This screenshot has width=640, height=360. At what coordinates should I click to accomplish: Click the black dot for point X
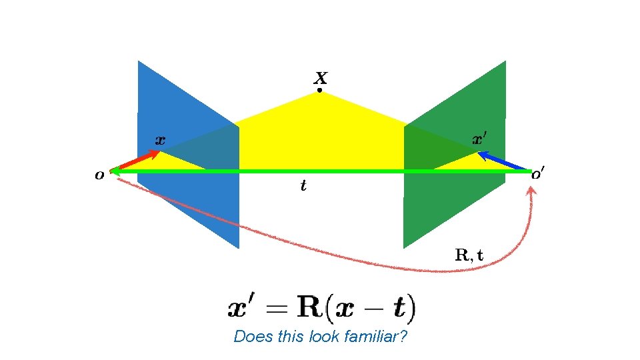pyautogui.click(x=319, y=90)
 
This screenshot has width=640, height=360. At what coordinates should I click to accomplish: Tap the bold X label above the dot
pyautogui.click(x=320, y=77)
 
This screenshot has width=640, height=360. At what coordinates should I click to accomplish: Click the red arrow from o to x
pyautogui.click(x=137, y=161)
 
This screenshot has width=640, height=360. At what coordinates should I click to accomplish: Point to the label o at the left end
pyautogui.click(x=99, y=175)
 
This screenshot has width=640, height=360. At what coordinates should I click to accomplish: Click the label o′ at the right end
pyautogui.click(x=537, y=175)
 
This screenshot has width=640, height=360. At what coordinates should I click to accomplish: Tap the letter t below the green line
pyautogui.click(x=303, y=186)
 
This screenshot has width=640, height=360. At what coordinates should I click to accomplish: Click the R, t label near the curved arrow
pyautogui.click(x=469, y=254)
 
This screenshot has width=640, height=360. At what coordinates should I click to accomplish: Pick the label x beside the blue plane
pyautogui.click(x=160, y=140)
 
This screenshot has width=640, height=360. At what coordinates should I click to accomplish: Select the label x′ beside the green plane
pyautogui.click(x=480, y=139)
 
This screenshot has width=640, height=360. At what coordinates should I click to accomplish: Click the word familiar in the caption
pyautogui.click(x=375, y=337)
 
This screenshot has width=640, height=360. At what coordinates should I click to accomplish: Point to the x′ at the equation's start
pyautogui.click(x=245, y=309)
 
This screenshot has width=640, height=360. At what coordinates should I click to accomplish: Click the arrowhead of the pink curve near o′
pyautogui.click(x=531, y=192)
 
